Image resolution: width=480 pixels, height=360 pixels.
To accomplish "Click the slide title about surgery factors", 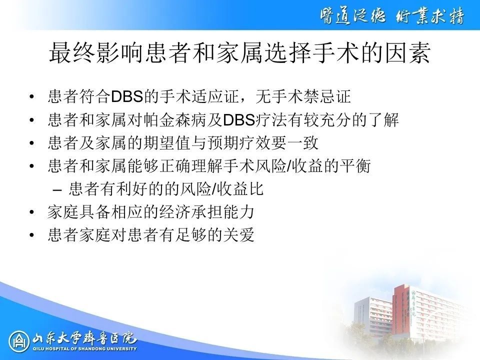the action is coord(240,52).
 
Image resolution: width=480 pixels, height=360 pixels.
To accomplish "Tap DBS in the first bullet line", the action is coord(127,96).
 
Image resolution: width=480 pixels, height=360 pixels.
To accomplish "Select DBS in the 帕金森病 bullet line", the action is coord(239,119).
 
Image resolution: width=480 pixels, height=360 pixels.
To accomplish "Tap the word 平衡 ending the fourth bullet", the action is coord(355,166).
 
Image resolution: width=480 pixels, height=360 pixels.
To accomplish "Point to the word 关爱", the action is coord(239,235).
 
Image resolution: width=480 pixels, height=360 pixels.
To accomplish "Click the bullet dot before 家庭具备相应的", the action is coord(31,212).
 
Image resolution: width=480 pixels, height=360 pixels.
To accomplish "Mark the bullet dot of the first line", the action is coord(31,96).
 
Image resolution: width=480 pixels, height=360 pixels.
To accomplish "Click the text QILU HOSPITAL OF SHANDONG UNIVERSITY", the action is coord(85,348).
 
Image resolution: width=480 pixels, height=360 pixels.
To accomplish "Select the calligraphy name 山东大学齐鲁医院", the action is coord(84,338).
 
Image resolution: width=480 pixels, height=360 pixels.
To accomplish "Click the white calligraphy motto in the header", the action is coord(392,15).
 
